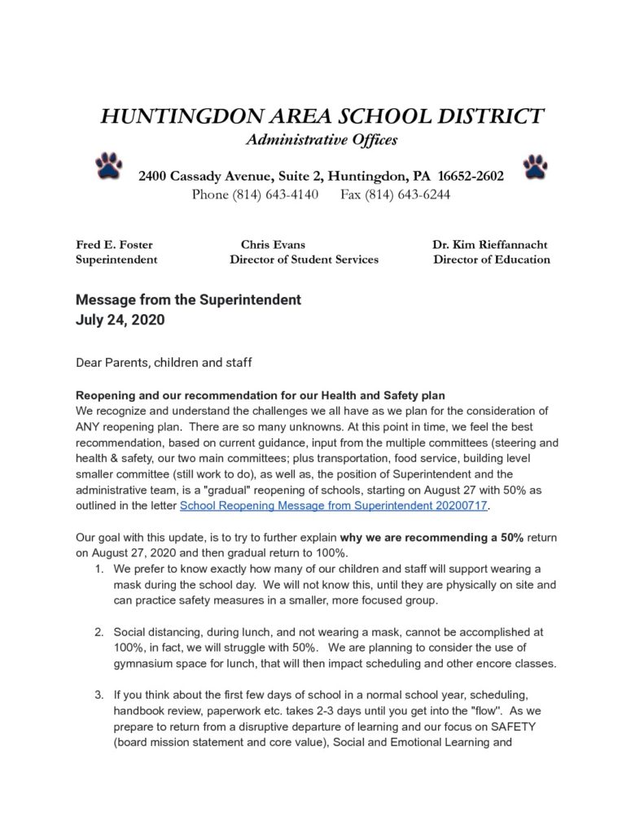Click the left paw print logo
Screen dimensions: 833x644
pos(107,165)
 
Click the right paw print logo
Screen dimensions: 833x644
pos(535,165)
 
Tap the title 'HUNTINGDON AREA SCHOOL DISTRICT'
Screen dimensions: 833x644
pos(322,116)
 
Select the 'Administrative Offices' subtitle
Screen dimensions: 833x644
pos(322,140)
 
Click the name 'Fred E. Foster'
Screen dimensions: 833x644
pos(114,244)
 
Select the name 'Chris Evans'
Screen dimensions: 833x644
pos(274,244)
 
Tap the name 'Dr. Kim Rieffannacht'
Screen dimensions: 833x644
pos(490,244)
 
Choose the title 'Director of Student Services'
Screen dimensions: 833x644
pos(304,259)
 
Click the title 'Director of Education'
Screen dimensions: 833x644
pos(492,259)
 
